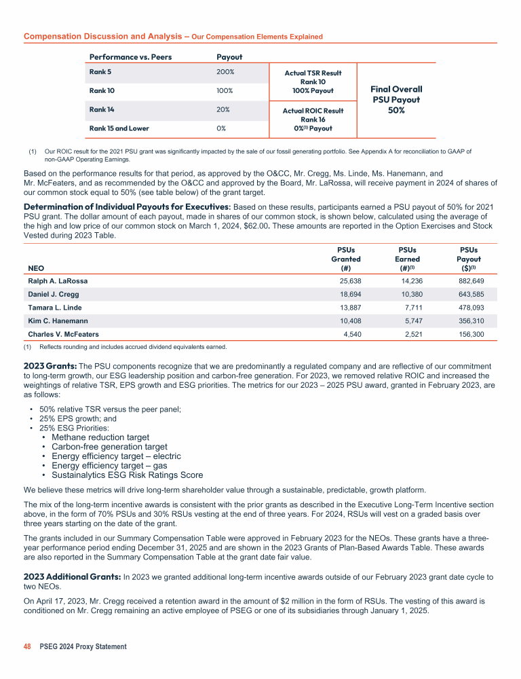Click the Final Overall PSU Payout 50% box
(x=396, y=99)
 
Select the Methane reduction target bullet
(x=100, y=437)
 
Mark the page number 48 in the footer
(x=28, y=646)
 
